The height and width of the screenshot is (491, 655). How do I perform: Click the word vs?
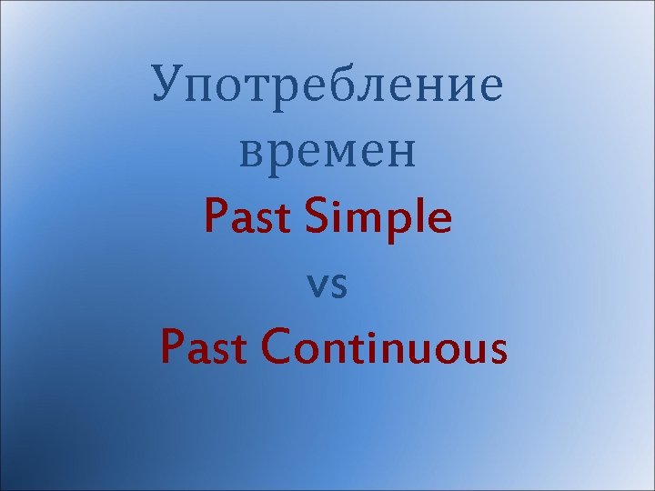coord(327,285)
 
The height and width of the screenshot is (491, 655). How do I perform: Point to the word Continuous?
coord(386,349)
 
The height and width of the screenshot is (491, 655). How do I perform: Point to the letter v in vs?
coord(317,286)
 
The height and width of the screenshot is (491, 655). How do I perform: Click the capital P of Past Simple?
coord(217,218)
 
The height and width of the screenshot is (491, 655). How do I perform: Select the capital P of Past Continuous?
coord(172,349)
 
